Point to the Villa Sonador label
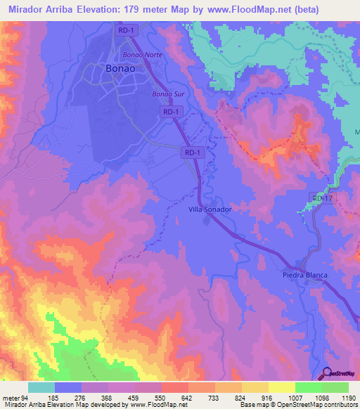coord(210,209)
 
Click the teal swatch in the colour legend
coord(41,387)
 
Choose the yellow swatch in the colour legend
coord(281,387)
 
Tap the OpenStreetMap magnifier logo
coord(326,374)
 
